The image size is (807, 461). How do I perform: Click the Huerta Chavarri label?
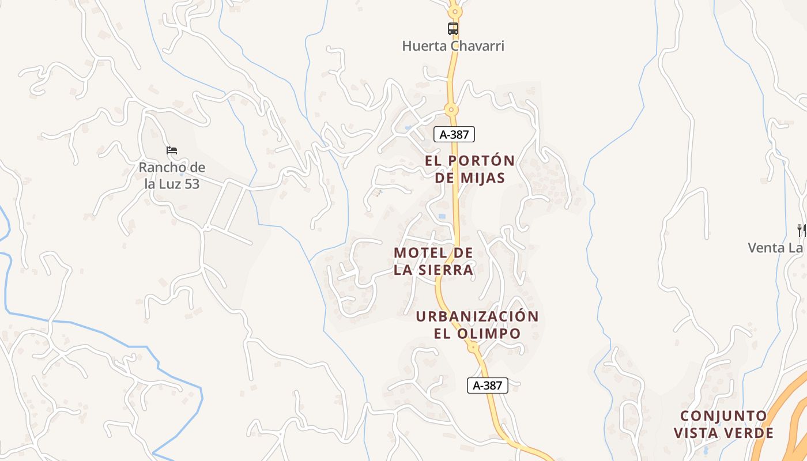[453, 46]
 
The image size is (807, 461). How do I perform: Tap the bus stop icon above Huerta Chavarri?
[453, 28]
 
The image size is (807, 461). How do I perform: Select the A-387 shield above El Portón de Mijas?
[454, 135]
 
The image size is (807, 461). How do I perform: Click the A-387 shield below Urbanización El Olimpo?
[488, 386]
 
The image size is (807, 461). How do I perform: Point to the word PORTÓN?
[482, 160]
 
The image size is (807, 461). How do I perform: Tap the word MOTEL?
[420, 253]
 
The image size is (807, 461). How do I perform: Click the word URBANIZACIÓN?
[477, 316]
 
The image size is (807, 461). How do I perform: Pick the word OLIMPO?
[493, 334]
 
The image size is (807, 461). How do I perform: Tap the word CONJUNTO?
[724, 416]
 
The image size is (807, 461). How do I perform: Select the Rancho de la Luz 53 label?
[172, 176]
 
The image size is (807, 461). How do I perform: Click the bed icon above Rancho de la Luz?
[172, 150]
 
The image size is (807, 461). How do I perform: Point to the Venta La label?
[776, 248]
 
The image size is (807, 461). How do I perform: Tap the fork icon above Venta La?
[801, 230]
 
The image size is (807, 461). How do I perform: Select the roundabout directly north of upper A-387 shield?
[451, 109]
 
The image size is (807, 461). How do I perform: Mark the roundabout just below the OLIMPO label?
[473, 347]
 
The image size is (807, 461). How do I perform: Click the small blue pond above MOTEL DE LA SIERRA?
[442, 216]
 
